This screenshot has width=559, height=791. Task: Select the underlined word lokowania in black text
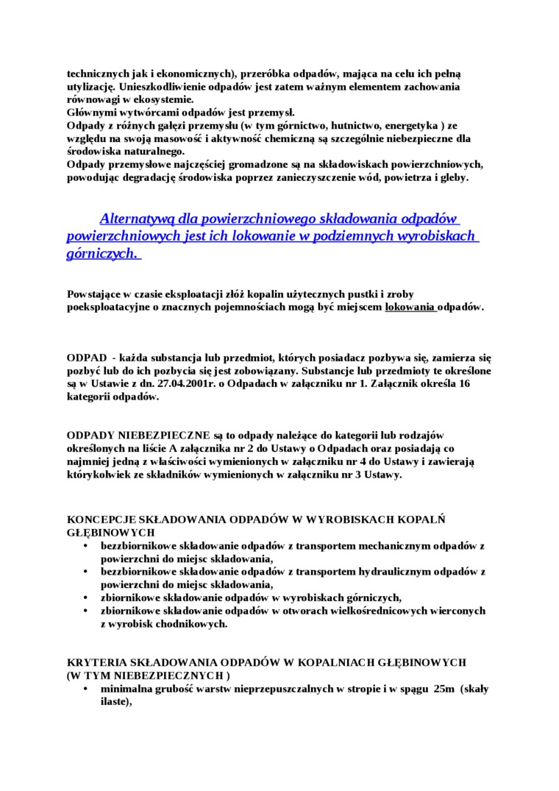(410, 307)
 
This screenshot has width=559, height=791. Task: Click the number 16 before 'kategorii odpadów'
(463, 383)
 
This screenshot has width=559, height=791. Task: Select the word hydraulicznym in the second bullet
(399, 571)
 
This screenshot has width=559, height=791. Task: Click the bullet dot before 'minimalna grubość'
(86, 689)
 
